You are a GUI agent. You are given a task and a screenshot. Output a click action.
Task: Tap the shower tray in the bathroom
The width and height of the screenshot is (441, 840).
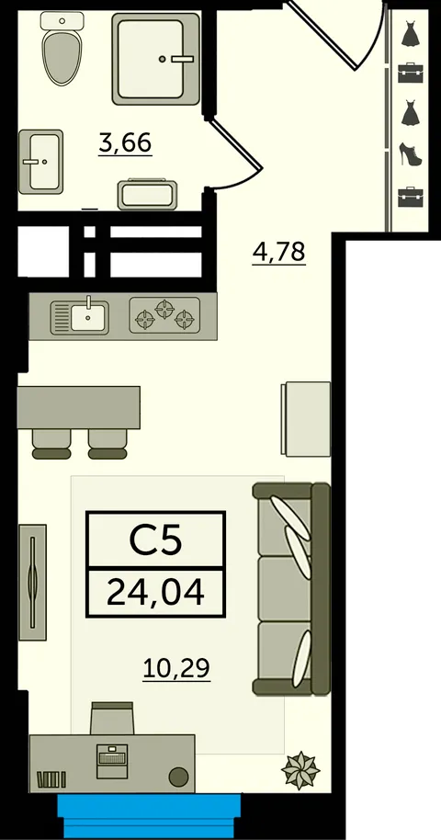[156, 59]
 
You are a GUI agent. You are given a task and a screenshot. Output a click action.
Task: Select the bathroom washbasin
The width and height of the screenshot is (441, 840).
[40, 161]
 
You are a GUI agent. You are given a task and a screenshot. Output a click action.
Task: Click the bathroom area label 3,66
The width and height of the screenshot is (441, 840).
[125, 143]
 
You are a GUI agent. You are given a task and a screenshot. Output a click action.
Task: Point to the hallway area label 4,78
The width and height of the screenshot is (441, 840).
[278, 251]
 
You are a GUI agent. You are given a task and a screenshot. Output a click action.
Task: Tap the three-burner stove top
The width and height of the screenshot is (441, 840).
[164, 315]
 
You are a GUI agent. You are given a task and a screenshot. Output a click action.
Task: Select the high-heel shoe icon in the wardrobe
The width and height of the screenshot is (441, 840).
[411, 153]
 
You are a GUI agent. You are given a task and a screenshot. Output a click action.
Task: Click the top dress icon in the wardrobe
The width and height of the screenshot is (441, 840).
[411, 33]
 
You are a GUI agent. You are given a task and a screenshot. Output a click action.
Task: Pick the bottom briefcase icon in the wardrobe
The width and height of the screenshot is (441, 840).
[411, 197]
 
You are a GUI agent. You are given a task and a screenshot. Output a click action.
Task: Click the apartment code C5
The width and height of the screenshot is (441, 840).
[156, 540]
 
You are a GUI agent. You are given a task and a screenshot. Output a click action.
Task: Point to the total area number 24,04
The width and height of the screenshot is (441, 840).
[156, 593]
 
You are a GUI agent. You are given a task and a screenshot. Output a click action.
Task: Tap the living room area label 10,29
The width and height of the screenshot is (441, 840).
[176, 668]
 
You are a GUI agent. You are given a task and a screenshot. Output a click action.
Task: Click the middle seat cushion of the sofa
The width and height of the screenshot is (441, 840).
[284, 588]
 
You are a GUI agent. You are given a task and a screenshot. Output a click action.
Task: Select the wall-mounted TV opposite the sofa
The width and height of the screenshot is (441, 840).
[33, 582]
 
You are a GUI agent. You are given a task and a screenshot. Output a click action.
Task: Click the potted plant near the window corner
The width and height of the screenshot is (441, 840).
[300, 770]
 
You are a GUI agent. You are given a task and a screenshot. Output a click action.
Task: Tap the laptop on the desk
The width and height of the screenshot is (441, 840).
[112, 761]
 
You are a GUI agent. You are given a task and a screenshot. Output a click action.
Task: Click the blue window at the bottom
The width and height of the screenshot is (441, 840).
[149, 816]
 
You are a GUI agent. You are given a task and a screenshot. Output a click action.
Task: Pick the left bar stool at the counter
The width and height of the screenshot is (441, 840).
[51, 444]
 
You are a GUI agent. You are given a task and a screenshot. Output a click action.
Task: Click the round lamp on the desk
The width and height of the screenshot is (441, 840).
[178, 776]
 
